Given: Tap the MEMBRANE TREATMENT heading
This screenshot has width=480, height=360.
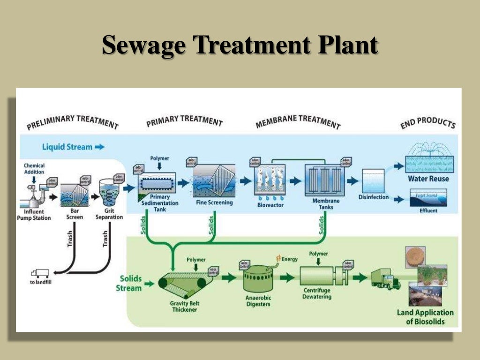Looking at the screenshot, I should click(x=298, y=121).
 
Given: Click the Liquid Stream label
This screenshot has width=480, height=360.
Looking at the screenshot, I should click(x=67, y=147).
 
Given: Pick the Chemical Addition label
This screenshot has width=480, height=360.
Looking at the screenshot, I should click(x=34, y=169).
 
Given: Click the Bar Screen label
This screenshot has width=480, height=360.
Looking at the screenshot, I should click(x=74, y=214).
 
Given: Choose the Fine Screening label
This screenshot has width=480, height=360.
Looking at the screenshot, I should click(x=214, y=203).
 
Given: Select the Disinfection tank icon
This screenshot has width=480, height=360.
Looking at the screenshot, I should click(x=373, y=180).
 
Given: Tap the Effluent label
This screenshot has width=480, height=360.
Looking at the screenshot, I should click(x=428, y=210).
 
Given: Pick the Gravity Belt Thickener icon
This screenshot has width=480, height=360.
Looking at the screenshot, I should click(x=183, y=284).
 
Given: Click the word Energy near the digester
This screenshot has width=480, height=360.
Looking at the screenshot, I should click(x=289, y=259).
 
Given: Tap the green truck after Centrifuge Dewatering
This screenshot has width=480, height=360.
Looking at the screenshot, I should click(x=385, y=279).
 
